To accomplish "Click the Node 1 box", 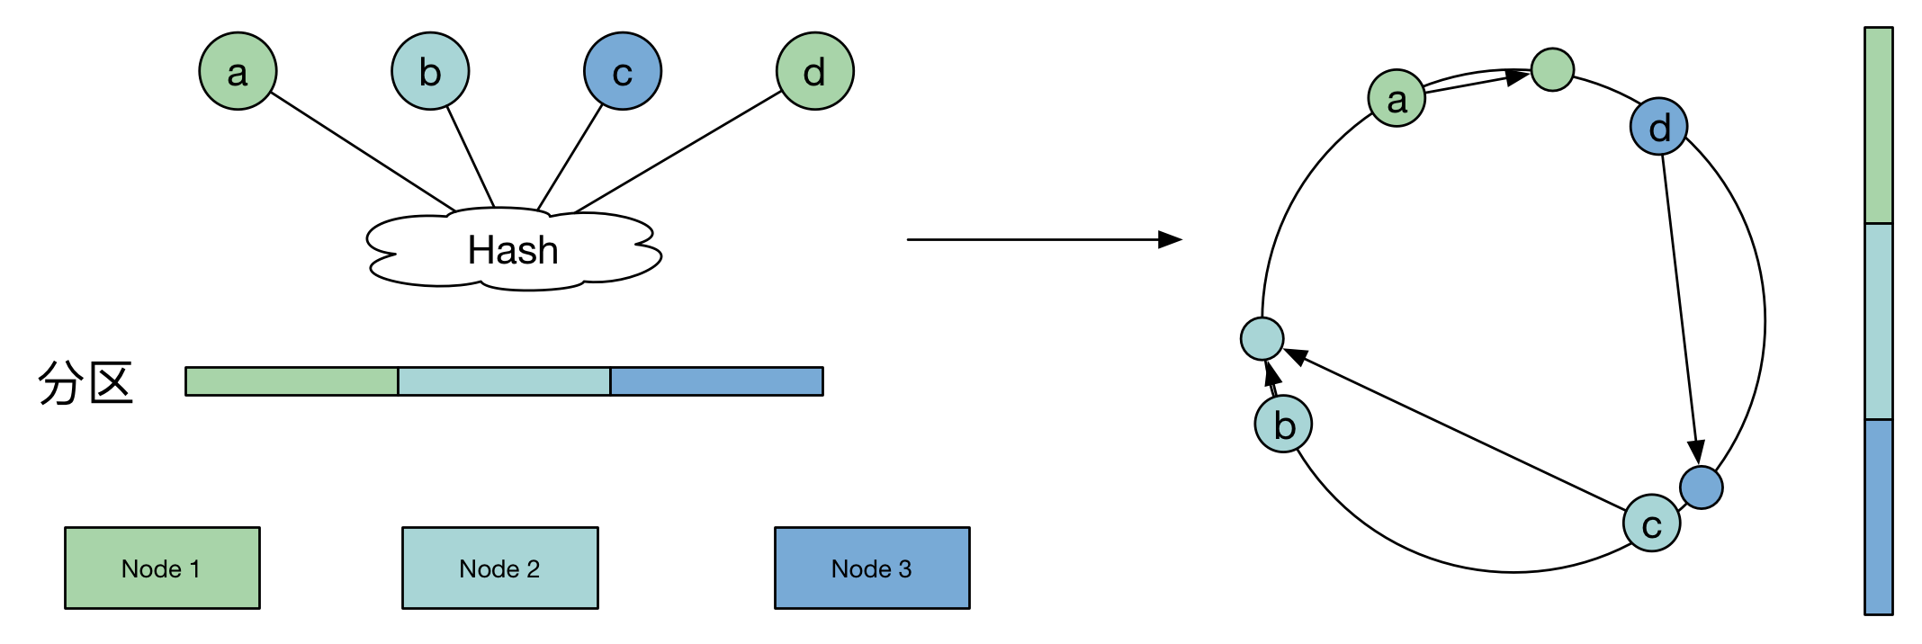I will [162, 568].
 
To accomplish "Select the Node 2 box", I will [499, 568].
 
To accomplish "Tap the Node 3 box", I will [872, 568].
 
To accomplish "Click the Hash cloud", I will [513, 250].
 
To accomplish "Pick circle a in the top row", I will [238, 71].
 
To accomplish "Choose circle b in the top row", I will [430, 71].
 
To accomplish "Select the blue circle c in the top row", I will [623, 71].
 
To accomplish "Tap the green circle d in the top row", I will [814, 71].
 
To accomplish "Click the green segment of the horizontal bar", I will [292, 381].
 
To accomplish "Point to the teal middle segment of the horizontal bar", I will [504, 381].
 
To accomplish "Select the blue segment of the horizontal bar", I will [716, 381].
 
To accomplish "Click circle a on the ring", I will [1397, 99].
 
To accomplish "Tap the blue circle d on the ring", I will [1658, 127].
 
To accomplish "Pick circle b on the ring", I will [1284, 424].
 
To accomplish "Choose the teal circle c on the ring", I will [1651, 523].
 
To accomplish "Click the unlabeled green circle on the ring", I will [1552, 69].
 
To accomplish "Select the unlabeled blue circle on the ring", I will [1701, 487].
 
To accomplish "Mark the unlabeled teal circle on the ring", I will [1262, 339].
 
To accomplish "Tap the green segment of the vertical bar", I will [1879, 126].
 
